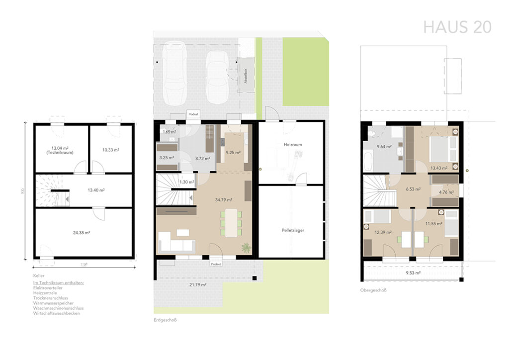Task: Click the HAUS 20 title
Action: [x=457, y=27]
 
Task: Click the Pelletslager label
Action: [x=293, y=231]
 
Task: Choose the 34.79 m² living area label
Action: [x=223, y=199]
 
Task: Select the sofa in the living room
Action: [x=176, y=244]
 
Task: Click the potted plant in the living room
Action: [x=245, y=247]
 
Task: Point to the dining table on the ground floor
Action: [x=231, y=223]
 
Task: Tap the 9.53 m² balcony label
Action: [x=413, y=273]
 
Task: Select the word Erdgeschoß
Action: [x=166, y=320]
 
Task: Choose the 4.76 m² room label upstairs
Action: [x=445, y=191]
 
